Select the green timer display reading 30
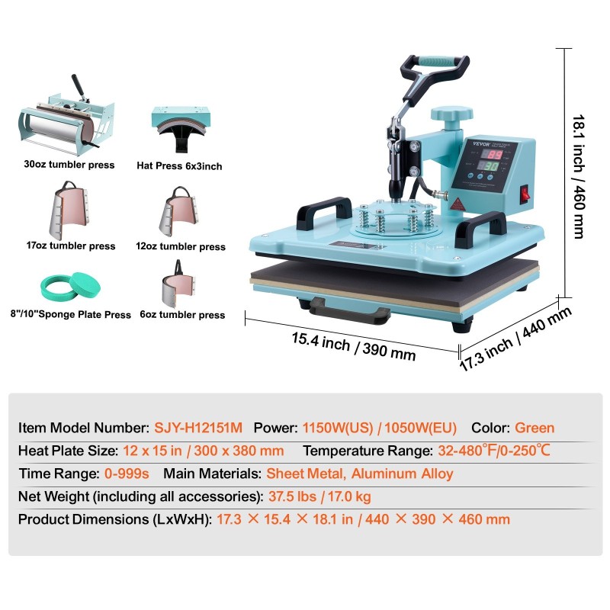point(490,166)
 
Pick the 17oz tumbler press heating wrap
point(69,210)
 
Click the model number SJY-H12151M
point(198,428)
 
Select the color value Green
point(535,428)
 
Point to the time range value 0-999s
point(127,474)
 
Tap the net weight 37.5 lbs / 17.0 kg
point(319,496)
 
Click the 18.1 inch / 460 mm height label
point(579,176)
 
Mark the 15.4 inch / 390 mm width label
point(353,346)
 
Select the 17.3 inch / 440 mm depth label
point(515,339)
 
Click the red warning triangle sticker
point(457,204)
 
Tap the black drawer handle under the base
point(350,312)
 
